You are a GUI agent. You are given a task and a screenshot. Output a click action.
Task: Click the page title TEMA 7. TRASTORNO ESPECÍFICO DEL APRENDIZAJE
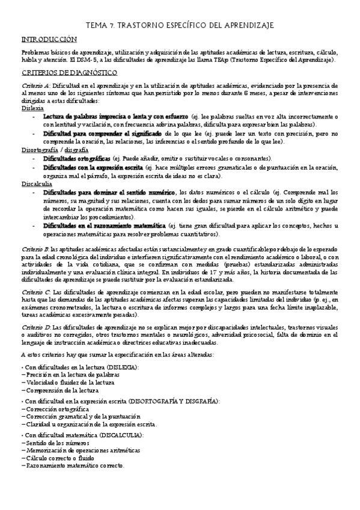pyautogui.click(x=180, y=25)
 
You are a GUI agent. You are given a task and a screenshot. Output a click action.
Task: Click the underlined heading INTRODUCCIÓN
pyautogui.click(x=49, y=39)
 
